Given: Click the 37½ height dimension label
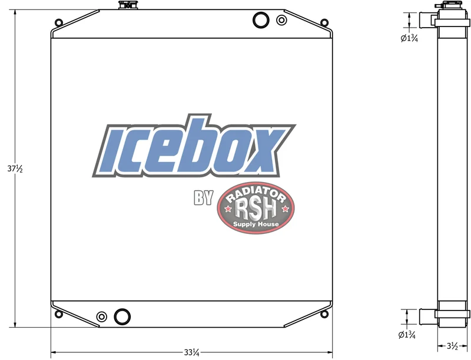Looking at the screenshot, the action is [15, 169].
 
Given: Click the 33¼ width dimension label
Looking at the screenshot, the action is [192, 352].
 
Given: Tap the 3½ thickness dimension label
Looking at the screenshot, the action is [452, 346].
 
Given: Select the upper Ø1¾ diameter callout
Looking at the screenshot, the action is [409, 38].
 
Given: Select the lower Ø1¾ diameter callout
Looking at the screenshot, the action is [407, 335].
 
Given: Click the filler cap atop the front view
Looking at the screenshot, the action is [127, 5].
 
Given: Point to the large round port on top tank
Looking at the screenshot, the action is [261, 20].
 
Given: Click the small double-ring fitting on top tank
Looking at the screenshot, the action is [281, 20].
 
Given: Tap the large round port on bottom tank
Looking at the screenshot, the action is [122, 316].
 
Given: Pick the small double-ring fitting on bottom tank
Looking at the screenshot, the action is [101, 317].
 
